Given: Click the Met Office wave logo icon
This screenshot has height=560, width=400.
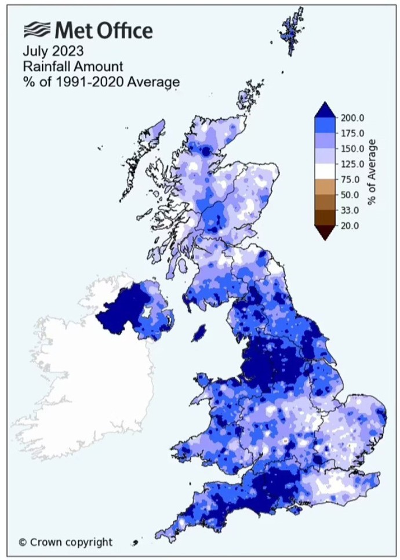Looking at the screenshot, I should [37, 30].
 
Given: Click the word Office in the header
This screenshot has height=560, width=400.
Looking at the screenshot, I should [123, 30].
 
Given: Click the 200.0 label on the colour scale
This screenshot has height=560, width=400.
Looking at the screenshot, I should [352, 118].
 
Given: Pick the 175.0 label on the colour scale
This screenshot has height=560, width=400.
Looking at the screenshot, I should [352, 133].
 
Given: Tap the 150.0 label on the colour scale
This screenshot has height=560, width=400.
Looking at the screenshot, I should [352, 148].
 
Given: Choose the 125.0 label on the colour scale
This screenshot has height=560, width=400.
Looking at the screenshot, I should [352, 164].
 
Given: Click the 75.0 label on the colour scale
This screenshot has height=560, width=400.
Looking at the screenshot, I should [351, 179].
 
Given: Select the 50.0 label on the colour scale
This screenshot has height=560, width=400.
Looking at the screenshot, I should [351, 195].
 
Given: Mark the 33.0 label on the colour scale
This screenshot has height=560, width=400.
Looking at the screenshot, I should [351, 210].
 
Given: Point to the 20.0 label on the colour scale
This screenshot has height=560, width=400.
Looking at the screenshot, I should [351, 226].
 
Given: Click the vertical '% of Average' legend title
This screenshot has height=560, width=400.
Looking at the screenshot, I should [373, 171].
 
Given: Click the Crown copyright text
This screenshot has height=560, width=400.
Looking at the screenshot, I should [66, 543].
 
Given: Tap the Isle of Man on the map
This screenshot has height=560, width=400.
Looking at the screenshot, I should [199, 333].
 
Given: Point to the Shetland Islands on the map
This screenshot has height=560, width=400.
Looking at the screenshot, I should [293, 29].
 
